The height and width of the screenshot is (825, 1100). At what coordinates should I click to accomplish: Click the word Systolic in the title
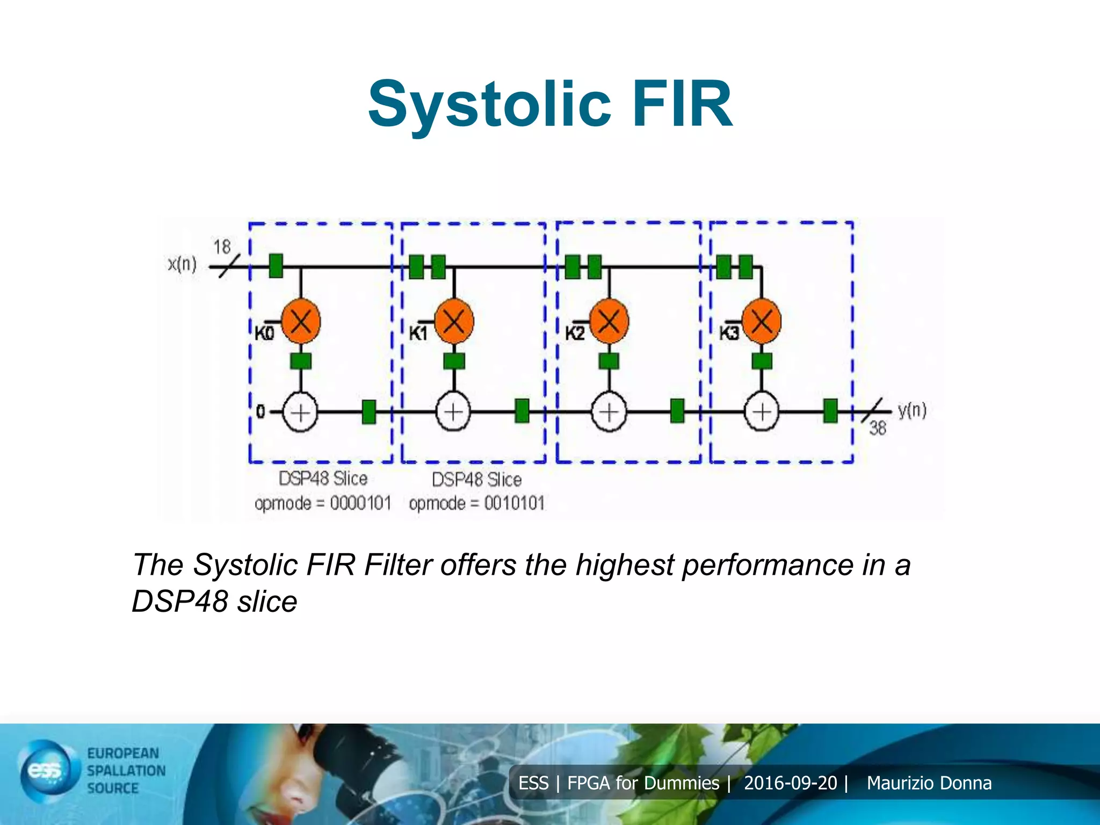(489, 105)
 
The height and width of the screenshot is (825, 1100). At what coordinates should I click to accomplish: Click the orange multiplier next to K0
(301, 321)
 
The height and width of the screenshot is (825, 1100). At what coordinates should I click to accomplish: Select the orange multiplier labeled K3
(761, 321)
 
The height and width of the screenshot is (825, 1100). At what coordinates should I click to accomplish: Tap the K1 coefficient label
(418, 334)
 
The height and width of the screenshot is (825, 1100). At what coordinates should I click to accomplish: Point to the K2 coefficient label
(574, 334)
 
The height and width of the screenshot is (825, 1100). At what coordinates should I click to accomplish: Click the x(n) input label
(182, 264)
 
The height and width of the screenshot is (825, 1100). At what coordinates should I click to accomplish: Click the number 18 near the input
(221, 247)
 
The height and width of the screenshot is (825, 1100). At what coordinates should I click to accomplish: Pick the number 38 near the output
(878, 428)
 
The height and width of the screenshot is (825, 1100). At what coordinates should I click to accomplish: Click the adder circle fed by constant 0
(300, 412)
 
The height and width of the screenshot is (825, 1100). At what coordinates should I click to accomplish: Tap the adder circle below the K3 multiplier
(761, 412)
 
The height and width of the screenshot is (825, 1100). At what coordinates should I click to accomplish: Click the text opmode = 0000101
(323, 503)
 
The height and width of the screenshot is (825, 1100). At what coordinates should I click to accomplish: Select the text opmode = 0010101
(476, 503)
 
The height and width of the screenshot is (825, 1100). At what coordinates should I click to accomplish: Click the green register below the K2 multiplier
(609, 361)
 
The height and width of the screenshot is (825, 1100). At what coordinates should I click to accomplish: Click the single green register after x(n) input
(276, 266)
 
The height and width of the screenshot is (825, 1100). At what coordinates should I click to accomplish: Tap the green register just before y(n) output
(830, 411)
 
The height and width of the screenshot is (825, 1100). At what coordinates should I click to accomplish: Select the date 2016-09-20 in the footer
(790, 783)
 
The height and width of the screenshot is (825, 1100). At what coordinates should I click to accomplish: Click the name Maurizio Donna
(929, 783)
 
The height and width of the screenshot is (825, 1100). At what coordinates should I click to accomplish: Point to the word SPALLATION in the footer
(126, 771)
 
